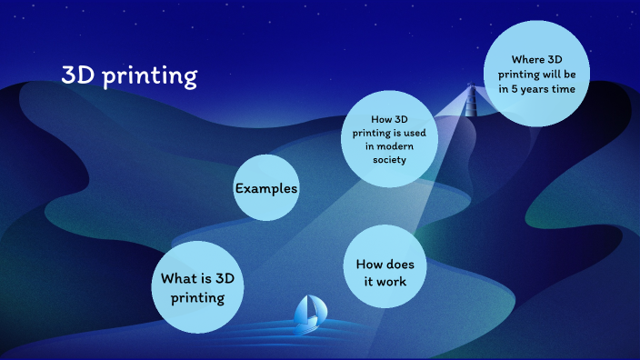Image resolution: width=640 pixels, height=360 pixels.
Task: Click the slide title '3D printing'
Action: (129, 75)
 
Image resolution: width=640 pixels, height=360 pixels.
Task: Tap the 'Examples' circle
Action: (266, 188)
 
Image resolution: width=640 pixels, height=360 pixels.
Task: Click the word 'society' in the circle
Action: (388, 160)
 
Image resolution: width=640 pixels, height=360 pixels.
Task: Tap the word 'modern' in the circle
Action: (411, 146)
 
